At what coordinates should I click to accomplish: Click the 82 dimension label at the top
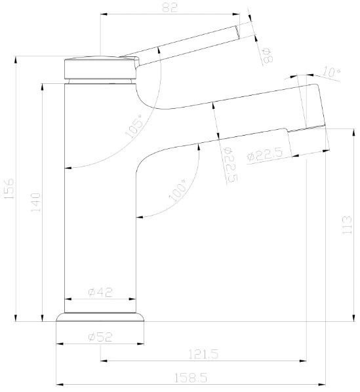(x=170, y=7)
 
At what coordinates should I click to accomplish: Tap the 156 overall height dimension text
(x=9, y=189)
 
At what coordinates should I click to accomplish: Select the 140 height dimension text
(x=35, y=202)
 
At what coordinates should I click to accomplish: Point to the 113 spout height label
(x=347, y=225)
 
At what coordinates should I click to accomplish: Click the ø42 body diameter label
(x=100, y=292)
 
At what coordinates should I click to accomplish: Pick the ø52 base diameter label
(x=100, y=337)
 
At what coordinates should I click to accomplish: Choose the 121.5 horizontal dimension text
(x=203, y=354)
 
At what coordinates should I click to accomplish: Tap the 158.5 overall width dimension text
(x=191, y=378)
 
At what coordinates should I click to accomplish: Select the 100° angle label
(x=178, y=190)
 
